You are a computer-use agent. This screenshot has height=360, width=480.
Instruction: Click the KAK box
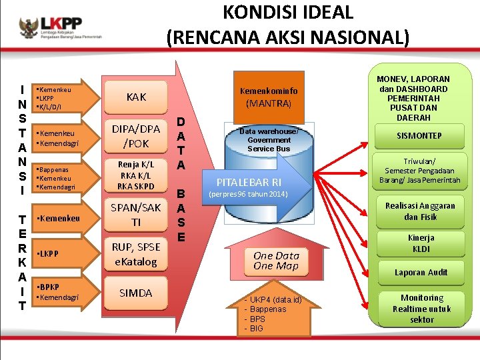135,97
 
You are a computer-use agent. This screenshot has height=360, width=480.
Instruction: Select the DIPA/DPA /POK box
135,135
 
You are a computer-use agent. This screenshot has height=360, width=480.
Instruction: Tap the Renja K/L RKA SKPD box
135,175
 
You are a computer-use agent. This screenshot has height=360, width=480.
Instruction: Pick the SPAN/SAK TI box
135,215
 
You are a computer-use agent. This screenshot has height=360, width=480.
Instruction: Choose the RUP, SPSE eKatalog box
135,254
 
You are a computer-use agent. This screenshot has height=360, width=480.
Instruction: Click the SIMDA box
135,293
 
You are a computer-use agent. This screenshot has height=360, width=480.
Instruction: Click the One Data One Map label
277,260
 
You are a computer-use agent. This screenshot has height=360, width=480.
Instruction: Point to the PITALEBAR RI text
249,182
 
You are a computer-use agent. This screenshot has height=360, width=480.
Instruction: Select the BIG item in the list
257,328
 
